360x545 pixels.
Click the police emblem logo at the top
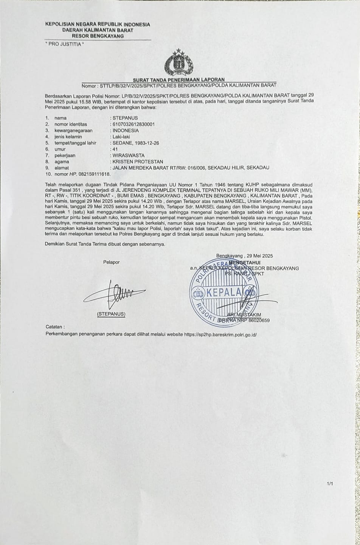point(178,63)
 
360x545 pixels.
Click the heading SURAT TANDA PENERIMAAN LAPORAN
point(178,79)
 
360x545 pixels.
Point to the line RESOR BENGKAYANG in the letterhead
point(98,36)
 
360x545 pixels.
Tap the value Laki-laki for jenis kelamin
point(120,137)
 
